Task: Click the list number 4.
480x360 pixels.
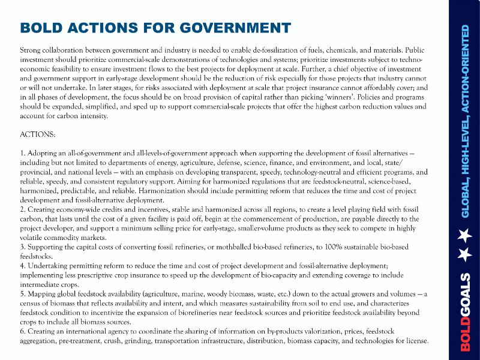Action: point(23,266)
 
